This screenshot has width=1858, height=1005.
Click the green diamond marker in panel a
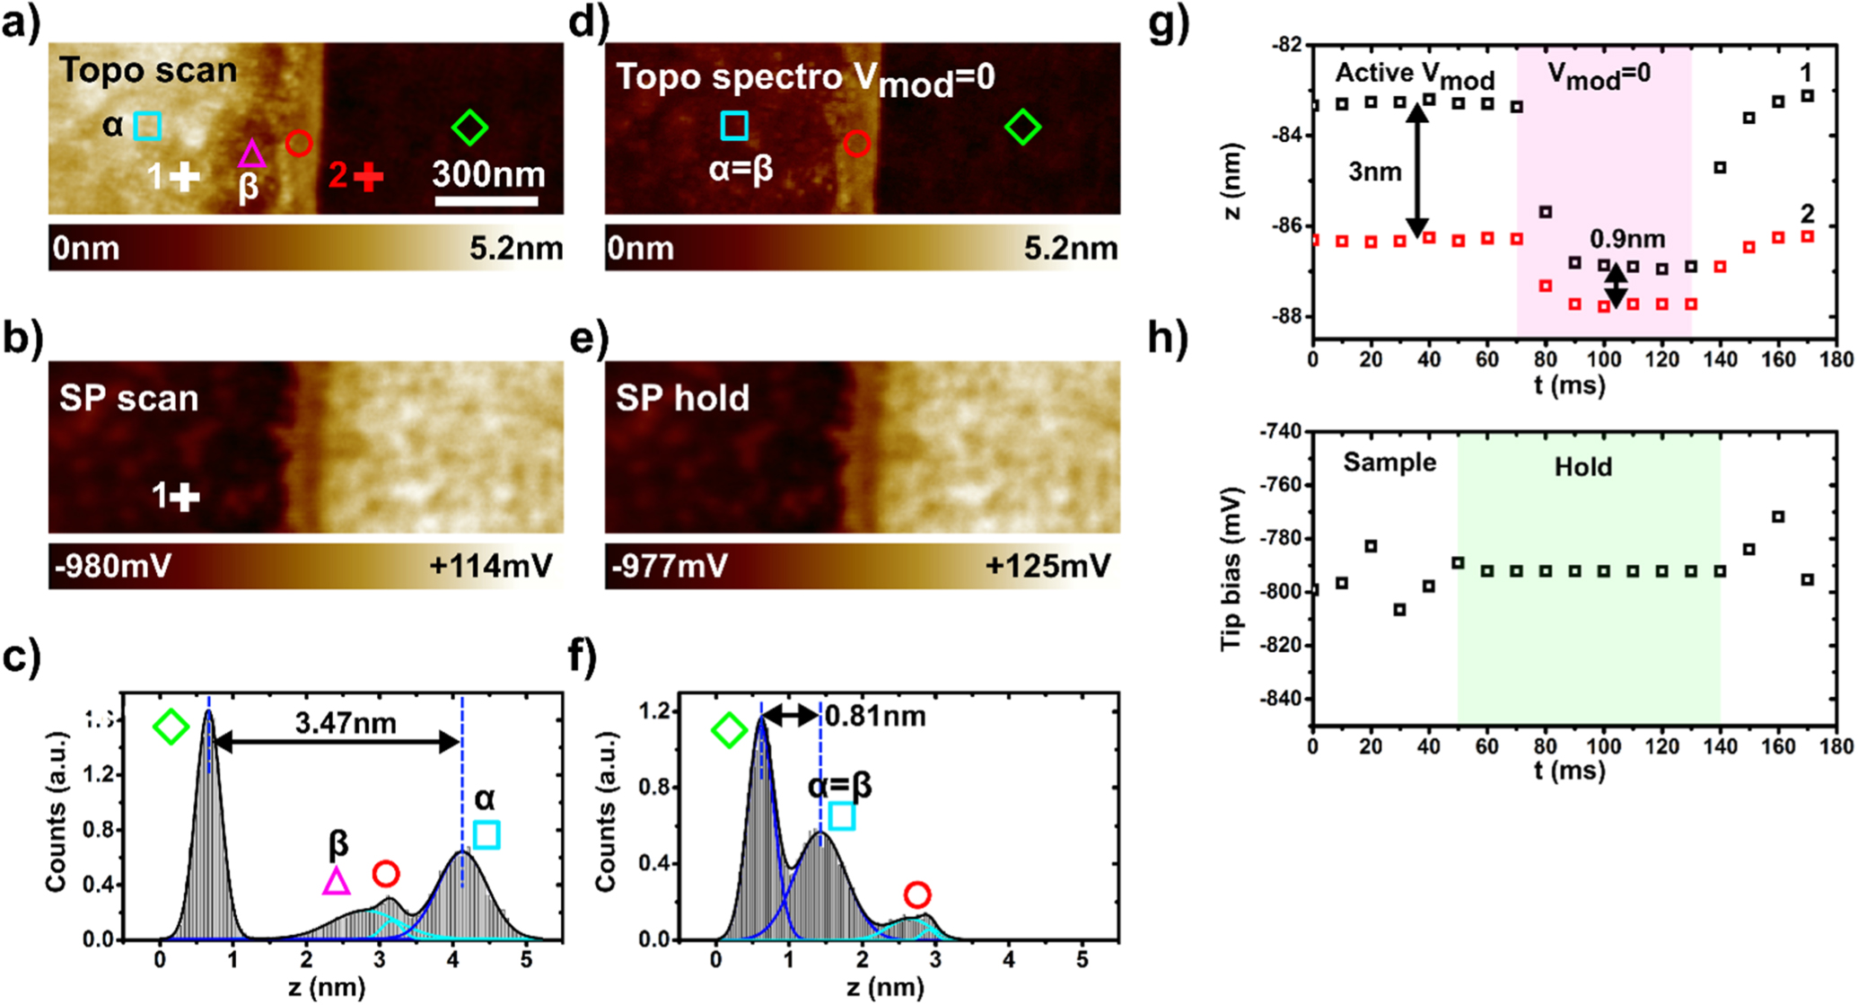pos(469,128)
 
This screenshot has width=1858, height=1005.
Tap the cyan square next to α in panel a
pos(147,126)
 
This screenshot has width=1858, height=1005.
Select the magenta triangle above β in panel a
pos(251,154)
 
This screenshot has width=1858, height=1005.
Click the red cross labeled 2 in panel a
pos(368,177)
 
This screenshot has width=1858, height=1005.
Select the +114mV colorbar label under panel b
pos(490,567)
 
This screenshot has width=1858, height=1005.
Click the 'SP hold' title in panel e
pos(682,398)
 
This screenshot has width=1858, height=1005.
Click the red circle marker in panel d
pos(856,144)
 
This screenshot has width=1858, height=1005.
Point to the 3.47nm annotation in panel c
pos(346,722)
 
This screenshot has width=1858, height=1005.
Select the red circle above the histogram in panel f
pos(916,895)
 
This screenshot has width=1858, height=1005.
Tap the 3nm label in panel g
pos(1374,171)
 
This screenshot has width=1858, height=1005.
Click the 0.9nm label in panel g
pos(1627,239)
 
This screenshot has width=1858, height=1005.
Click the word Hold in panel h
pos(1582,467)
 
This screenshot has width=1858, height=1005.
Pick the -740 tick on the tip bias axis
pos(1281,432)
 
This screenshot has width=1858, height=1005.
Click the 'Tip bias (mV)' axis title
pos(1232,568)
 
